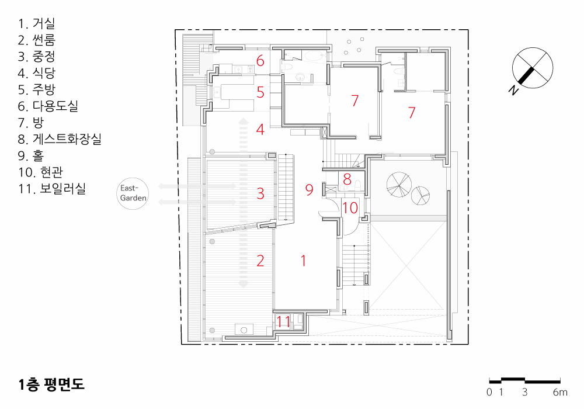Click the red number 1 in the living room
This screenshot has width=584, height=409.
pos(304,261)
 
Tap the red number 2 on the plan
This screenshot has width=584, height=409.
pos(260,261)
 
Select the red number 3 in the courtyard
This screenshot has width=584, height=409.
pos(260,193)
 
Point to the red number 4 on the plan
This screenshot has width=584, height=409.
pos(260,129)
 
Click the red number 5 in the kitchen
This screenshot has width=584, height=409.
pos(260,92)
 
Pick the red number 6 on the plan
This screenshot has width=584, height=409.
pos(260,61)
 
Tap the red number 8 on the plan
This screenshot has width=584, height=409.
pos(347,179)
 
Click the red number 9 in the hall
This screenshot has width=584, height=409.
pos(309,189)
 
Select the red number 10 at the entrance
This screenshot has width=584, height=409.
pos(350,208)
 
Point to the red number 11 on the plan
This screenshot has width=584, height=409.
pos(283,321)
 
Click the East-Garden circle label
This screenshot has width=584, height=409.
pos(133,193)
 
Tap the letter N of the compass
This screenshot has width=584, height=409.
pos(514,90)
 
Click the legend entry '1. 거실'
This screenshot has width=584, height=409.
pos(36,23)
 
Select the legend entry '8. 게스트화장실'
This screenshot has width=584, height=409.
pos(60,139)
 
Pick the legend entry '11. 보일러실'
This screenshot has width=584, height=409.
pos(52,189)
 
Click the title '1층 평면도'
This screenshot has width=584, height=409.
pos(51,384)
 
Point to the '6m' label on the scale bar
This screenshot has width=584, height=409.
pos(560,392)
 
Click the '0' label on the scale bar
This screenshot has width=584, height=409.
pos(489,392)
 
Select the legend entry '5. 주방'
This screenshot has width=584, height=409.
pos(36,89)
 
